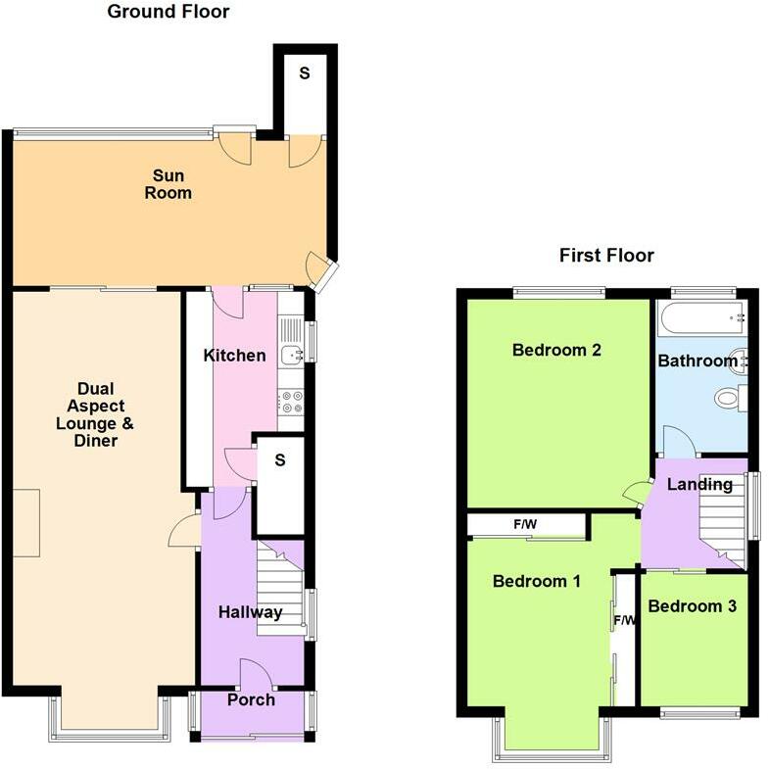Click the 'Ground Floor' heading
[168, 12]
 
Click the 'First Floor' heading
[606, 255]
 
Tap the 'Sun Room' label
[168, 184]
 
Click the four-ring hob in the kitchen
[291, 402]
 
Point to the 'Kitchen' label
[234, 355]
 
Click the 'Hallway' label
[250, 612]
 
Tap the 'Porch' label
[251, 699]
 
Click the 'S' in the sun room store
[305, 73]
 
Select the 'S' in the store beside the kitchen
[280, 460]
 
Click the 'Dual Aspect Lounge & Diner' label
[95, 414]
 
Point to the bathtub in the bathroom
[701, 317]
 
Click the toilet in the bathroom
[731, 397]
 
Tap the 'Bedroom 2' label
[556, 350]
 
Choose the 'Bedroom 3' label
[692, 606]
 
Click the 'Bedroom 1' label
[537, 581]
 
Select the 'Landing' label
[699, 484]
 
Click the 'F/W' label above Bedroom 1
[525, 524]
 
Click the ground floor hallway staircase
[280, 588]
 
